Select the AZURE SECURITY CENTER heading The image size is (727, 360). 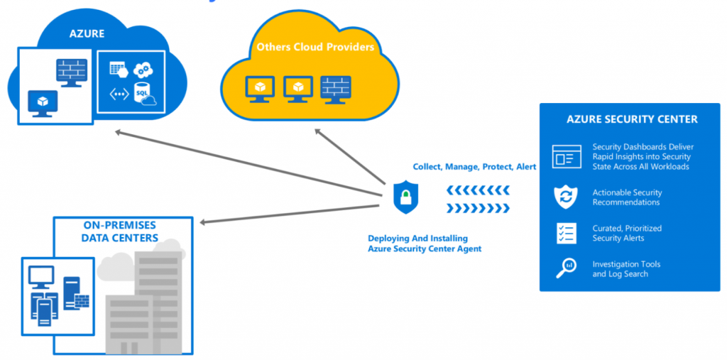(x=632, y=119)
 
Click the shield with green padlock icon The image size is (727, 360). (x=406, y=196)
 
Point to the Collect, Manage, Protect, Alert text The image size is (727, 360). (x=474, y=167)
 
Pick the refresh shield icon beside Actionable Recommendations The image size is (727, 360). (x=566, y=197)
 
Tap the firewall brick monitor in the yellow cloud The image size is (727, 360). (x=335, y=88)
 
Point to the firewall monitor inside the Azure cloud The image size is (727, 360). (x=72, y=72)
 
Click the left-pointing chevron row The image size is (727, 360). (x=479, y=190)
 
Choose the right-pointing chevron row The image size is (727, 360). (x=479, y=207)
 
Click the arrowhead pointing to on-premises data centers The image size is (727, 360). (x=204, y=222)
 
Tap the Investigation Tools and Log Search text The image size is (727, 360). (x=626, y=268)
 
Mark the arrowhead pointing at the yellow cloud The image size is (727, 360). (x=319, y=132)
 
